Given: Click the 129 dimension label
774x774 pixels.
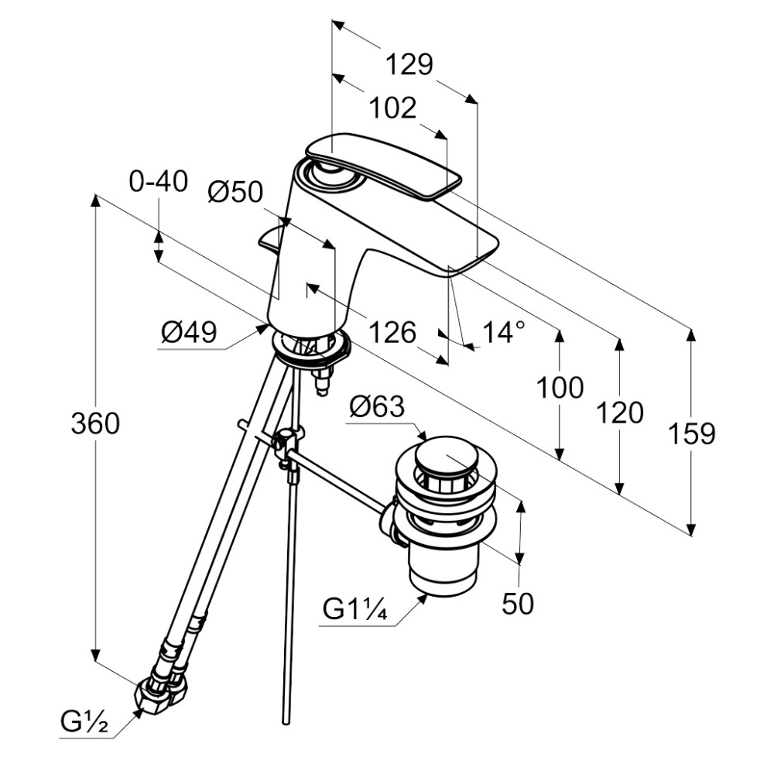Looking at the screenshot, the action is tap(409, 65).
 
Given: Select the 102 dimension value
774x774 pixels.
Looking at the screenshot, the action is tap(393, 108).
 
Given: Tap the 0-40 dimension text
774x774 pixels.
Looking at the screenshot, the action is tap(159, 182).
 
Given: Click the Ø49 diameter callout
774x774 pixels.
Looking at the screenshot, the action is tap(189, 332).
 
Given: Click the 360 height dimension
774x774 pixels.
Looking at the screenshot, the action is tap(95, 423).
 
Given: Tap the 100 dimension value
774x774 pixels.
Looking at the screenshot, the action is tap(560, 388).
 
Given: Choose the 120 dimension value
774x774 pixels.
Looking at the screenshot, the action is tap(620, 413).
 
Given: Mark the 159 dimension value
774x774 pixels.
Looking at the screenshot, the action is tap(691, 434).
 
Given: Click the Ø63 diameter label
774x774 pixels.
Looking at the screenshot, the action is tap(377, 407).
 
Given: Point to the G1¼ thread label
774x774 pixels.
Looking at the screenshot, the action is tap(355, 609).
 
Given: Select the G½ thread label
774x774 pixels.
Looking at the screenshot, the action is tap(84, 723).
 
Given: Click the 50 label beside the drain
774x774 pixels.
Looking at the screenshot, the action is tap(518, 603).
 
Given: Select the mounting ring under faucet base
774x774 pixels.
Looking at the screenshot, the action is tap(310, 349).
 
